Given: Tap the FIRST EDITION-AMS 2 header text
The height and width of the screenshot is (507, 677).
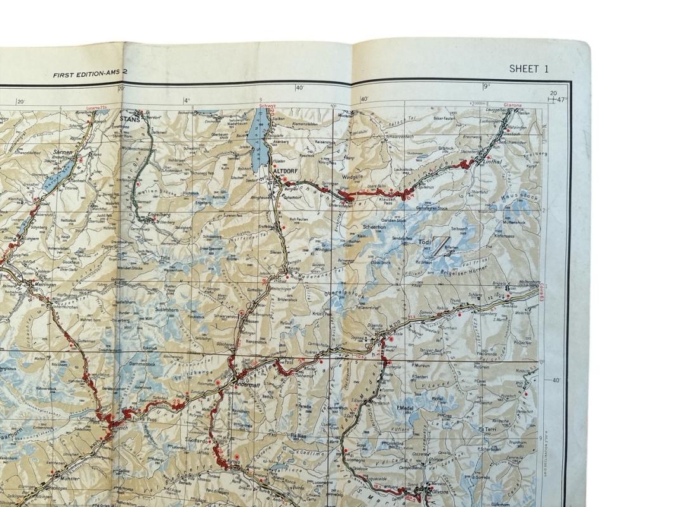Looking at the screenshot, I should pos(90,74).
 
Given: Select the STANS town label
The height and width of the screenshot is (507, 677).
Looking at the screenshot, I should pos(129,118).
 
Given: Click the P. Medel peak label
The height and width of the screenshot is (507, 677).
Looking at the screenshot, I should pos(404,408).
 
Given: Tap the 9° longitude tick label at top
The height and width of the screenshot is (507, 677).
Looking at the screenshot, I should pos(486,86).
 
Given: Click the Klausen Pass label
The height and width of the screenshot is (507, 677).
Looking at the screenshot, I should pos(387,202).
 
